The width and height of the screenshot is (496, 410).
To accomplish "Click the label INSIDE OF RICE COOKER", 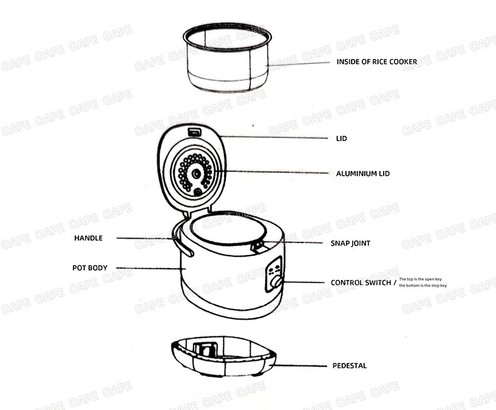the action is point(377,62).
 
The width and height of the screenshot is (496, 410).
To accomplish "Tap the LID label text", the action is point(342,139).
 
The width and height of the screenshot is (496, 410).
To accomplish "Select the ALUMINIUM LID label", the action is point(363,173).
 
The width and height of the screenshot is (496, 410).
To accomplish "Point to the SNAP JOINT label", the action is point(350,243).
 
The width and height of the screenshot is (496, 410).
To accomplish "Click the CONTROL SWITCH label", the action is point(361,283).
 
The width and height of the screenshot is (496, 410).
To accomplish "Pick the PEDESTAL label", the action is point(350,365).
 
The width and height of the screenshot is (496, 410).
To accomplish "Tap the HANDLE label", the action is point(89,238).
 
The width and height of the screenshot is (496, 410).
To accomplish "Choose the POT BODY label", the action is point(90,267).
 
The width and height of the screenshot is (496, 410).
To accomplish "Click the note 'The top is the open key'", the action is point(421,279).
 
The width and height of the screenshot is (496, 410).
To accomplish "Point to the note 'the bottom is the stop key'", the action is point(423,285).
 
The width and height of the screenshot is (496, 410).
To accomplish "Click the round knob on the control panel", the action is point(278,281).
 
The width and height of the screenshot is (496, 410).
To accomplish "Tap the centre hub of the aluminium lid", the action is point(197,173).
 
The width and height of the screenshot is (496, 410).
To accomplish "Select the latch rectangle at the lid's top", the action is point(195,131).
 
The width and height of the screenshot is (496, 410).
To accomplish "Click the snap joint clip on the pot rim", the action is point(258,245).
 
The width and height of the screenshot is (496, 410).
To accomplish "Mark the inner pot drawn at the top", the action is point(227,57).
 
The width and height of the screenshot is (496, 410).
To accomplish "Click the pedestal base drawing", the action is point(224,356).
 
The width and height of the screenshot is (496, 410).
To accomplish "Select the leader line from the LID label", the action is point(274,138).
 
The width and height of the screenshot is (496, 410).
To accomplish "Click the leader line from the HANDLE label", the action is point(145,238).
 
